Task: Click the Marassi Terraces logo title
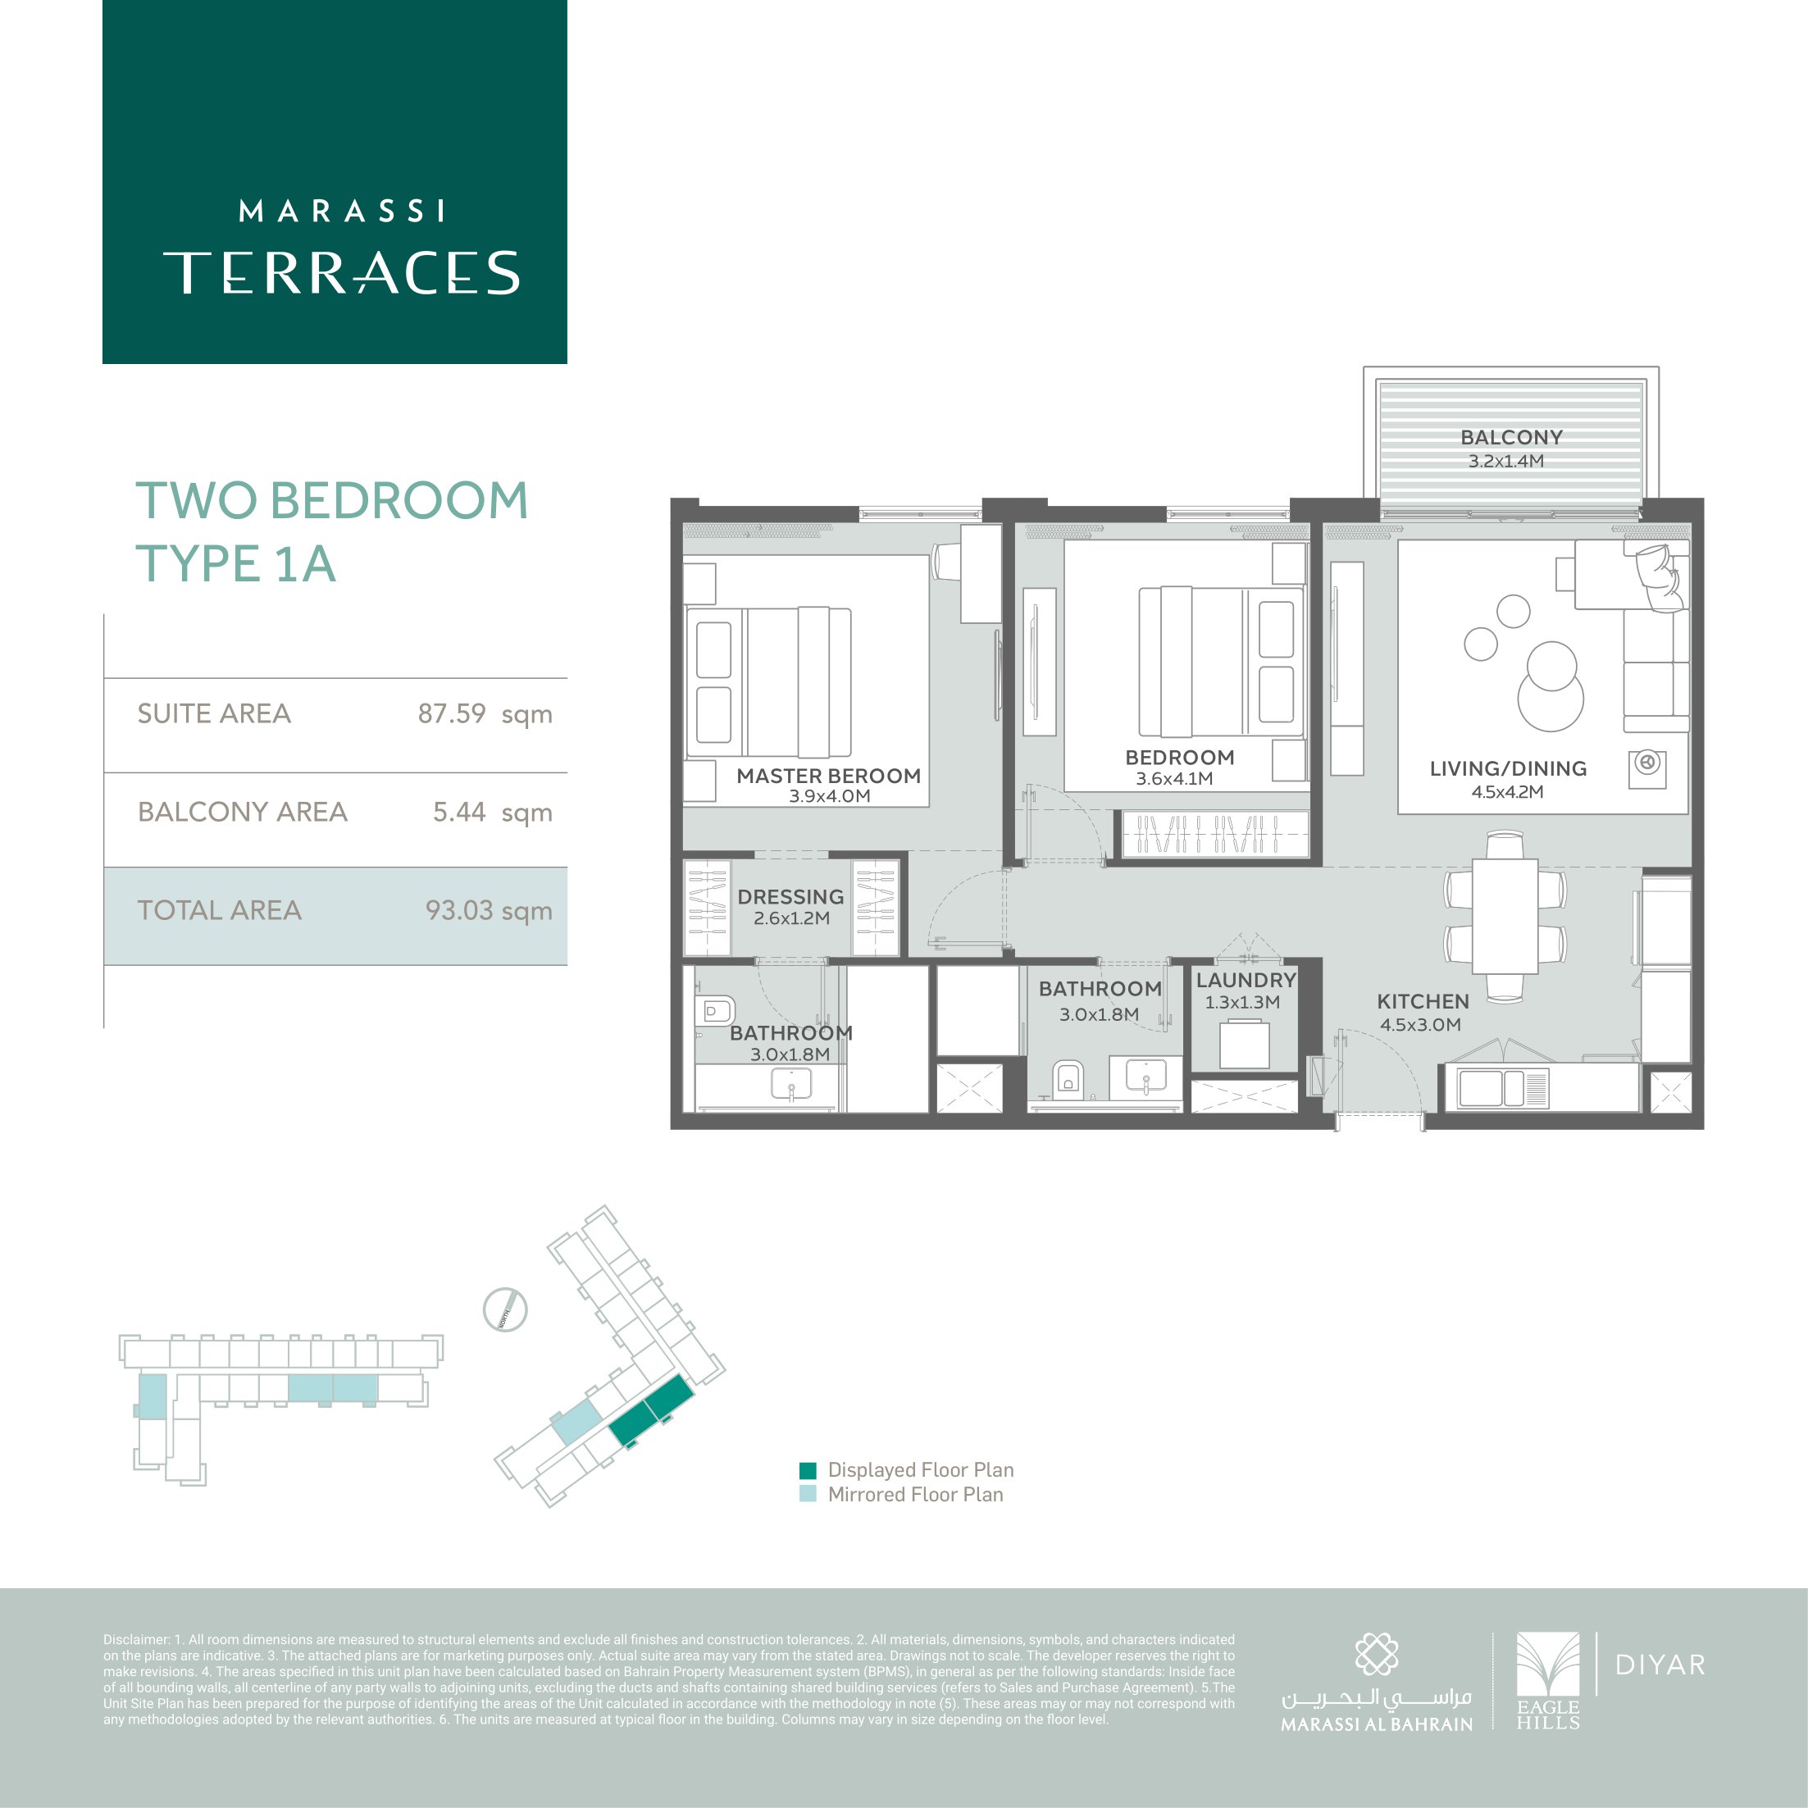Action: pyautogui.click(x=342, y=247)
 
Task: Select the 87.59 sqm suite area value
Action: pyautogui.click(x=485, y=714)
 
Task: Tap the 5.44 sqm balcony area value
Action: pyautogui.click(x=492, y=813)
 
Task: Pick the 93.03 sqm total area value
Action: pyautogui.click(x=489, y=910)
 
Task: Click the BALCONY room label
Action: pyautogui.click(x=1511, y=437)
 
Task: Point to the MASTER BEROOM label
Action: pyautogui.click(x=828, y=776)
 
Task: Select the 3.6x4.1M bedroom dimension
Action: pyautogui.click(x=1174, y=779)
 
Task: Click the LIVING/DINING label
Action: pyautogui.click(x=1508, y=768)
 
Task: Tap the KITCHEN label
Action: pyautogui.click(x=1423, y=1001)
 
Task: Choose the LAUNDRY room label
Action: pyautogui.click(x=1246, y=980)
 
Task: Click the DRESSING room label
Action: pyautogui.click(x=790, y=896)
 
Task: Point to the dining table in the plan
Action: pyautogui.click(x=1505, y=917)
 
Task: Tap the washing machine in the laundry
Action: pyautogui.click(x=1244, y=1045)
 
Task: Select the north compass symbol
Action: pyautogui.click(x=505, y=1309)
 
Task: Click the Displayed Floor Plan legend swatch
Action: pyautogui.click(x=808, y=1470)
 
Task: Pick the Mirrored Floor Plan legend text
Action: pyautogui.click(x=915, y=1495)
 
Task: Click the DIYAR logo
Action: pyautogui.click(x=1660, y=1665)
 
